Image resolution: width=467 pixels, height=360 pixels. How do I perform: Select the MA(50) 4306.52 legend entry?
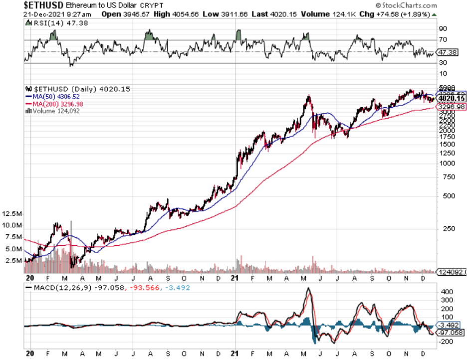(x=54, y=96)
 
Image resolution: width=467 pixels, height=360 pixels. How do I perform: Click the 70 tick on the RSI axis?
(x=442, y=39)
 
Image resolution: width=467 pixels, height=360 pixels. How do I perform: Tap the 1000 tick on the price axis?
(x=447, y=163)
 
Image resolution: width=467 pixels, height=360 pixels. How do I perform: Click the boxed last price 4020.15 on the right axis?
(x=451, y=99)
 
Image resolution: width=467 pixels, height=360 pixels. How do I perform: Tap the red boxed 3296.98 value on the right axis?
(x=451, y=107)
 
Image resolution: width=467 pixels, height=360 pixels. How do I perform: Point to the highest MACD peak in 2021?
(x=308, y=289)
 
